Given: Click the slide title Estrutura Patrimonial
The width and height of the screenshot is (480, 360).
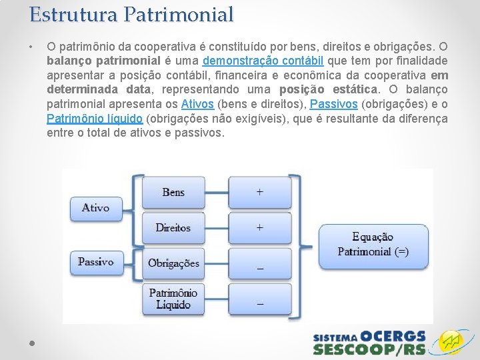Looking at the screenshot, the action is pos(131,14).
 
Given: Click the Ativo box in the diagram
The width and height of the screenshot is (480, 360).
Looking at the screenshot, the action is pos(95,208).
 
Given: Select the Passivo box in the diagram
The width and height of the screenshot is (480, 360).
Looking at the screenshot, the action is pos(95,262).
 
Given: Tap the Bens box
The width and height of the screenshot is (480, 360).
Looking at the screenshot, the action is pos(173,192).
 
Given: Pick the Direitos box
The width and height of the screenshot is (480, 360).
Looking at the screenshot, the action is pos(173,227).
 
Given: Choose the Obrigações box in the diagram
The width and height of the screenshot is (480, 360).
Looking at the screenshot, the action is pos(173,263).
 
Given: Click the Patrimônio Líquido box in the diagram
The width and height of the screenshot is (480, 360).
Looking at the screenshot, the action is pos(173,299).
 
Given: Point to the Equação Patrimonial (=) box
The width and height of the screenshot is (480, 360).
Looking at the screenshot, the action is pos(373,244).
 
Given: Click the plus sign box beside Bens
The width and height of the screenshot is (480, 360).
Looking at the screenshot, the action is pos(260,192).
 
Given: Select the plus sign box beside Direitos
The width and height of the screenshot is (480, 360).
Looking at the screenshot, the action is pos(260,227).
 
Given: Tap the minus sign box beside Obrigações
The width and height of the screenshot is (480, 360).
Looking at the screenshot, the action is pos(260,263).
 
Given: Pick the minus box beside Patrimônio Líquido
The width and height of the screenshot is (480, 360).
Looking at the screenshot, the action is pos(260,299).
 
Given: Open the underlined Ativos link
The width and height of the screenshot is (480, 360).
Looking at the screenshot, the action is pos(197,104).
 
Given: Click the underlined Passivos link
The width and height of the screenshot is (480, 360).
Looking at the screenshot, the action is pos(334,104).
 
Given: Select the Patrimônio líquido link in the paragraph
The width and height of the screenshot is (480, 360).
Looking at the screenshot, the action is pos(94,119).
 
